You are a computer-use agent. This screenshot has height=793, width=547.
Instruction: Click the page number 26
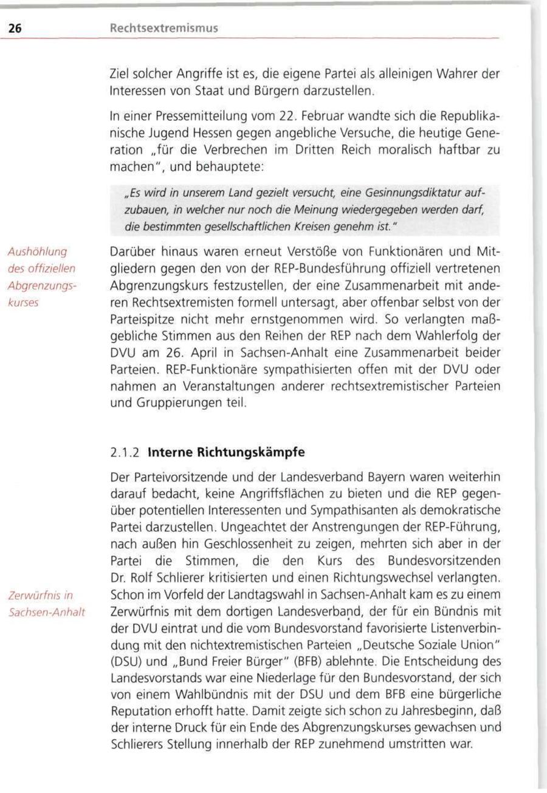tap(15, 28)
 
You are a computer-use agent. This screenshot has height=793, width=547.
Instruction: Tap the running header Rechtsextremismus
tap(163, 28)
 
